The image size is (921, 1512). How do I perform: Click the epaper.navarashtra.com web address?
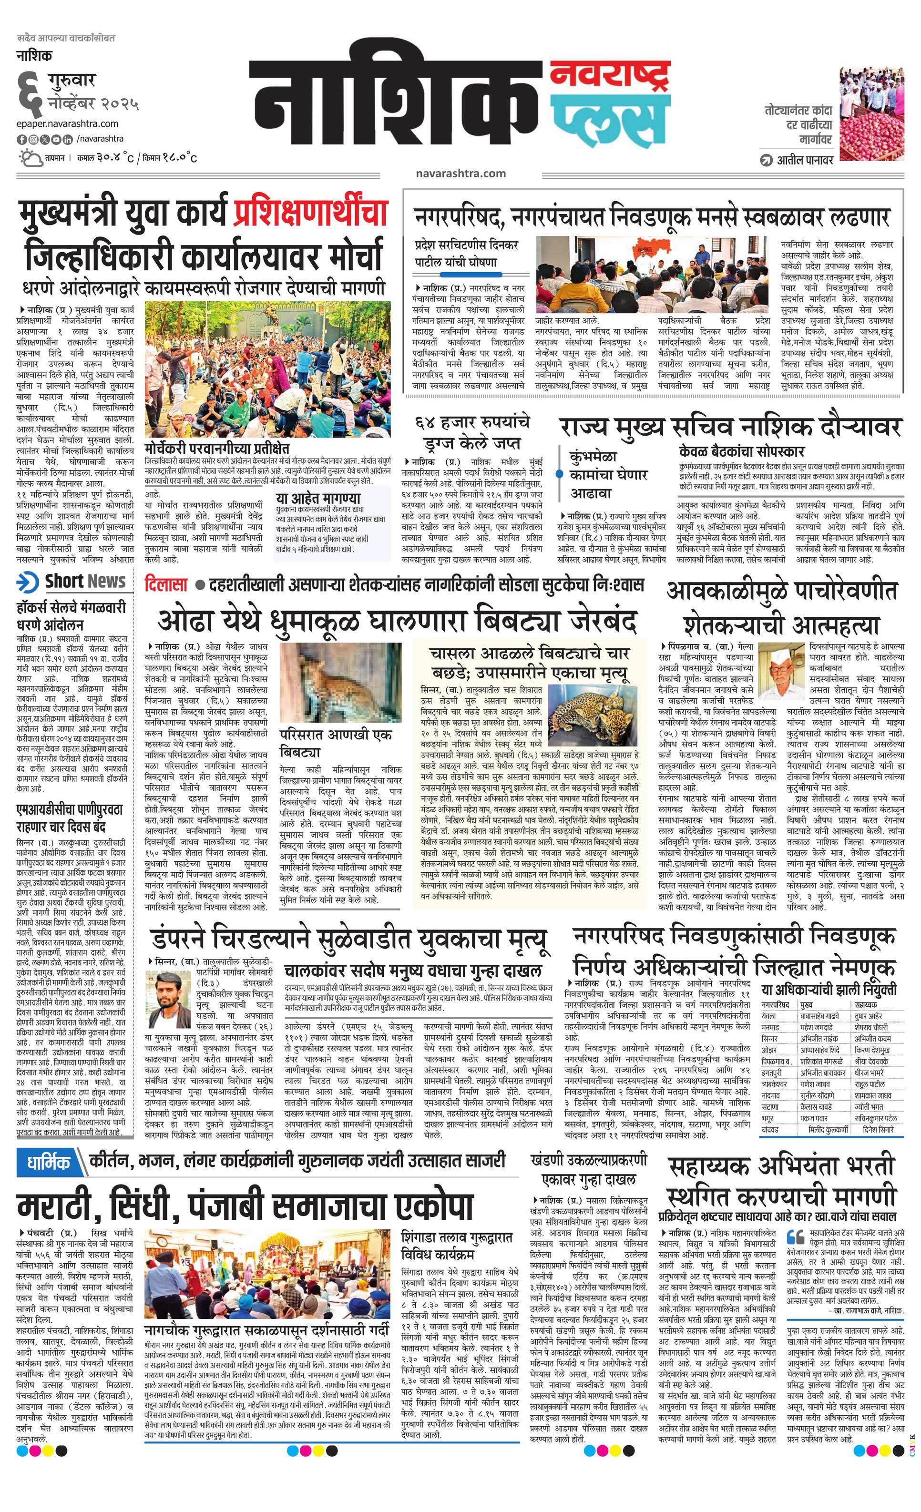(x=68, y=123)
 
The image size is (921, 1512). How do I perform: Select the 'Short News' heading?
(x=85, y=581)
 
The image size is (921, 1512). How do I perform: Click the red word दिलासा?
(x=166, y=584)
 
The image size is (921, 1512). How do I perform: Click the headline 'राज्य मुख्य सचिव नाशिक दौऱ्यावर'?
(x=730, y=427)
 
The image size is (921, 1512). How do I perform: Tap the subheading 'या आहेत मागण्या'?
(x=318, y=498)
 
